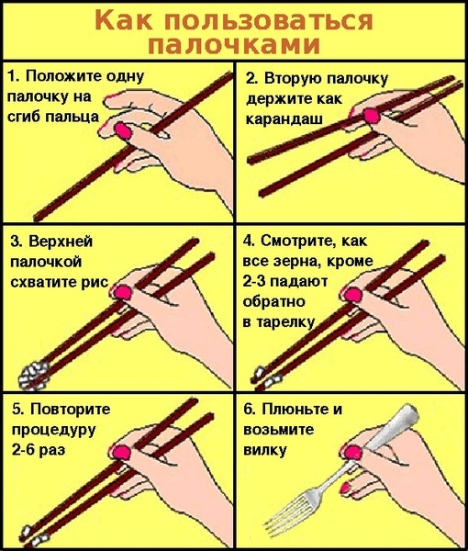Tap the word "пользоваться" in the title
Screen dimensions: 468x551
tap(268, 20)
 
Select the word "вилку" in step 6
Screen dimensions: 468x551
tap(265, 450)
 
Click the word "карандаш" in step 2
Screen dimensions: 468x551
tap(284, 118)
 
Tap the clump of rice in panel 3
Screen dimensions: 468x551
tap(33, 376)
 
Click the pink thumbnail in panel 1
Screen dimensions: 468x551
tap(123, 130)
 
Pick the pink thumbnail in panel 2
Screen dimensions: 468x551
tap(371, 116)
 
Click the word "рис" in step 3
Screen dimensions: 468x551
tap(95, 282)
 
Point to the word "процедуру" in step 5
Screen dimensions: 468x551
tap(53, 430)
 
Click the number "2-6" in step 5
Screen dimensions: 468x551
tap(23, 450)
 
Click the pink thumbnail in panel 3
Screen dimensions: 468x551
tap(123, 292)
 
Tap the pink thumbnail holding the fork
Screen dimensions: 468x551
tap(352, 452)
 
